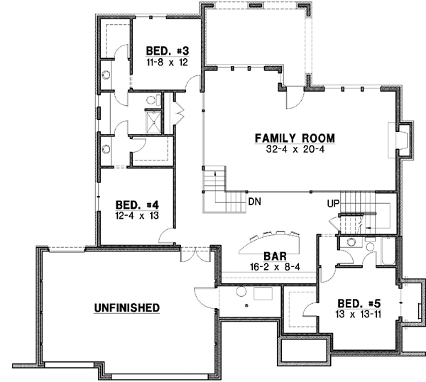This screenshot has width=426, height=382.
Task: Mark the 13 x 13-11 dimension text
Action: (x=359, y=314)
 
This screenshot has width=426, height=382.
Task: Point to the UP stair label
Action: (x=332, y=204)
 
